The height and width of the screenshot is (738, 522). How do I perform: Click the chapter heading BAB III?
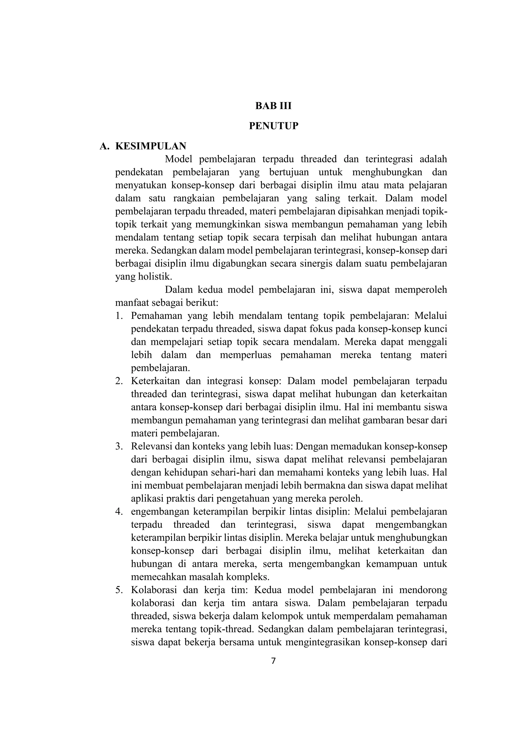click(x=273, y=106)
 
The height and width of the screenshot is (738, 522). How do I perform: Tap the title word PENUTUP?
click(x=273, y=126)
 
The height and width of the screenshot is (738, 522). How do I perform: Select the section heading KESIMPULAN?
click(x=151, y=146)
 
